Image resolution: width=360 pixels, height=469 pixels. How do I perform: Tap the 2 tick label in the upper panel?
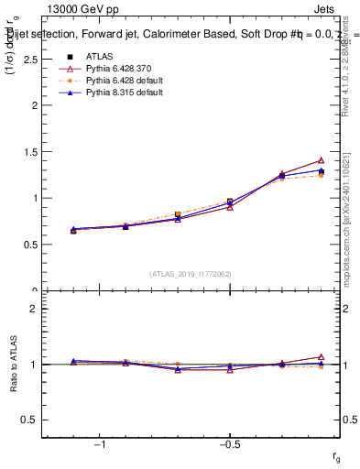pyautogui.click(x=35, y=105)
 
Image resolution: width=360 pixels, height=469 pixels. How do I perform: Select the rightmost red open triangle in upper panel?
pyautogui.click(x=321, y=160)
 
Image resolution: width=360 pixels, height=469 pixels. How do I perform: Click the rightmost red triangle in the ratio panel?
pyautogui.click(x=321, y=356)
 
